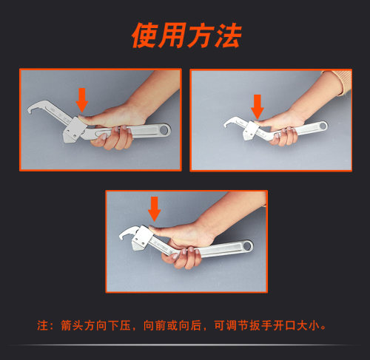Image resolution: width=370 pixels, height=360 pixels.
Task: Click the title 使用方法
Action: pos(186,35)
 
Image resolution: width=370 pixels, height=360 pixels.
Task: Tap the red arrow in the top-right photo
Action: pos(258,104)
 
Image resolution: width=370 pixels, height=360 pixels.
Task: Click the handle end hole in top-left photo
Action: pos(161,130)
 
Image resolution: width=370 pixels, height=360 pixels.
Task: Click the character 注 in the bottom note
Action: pos(42,325)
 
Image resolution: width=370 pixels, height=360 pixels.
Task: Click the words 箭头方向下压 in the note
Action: pos(92,325)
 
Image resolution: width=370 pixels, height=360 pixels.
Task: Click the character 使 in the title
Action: pos(146,35)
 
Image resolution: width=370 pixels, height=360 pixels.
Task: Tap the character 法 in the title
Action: pos(226,35)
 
